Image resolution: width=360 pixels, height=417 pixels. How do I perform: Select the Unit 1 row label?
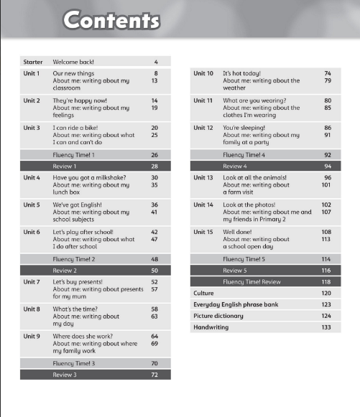pos(32,73)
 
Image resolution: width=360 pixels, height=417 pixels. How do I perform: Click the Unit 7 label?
pos(32,282)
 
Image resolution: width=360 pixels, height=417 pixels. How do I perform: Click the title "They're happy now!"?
pos(80,100)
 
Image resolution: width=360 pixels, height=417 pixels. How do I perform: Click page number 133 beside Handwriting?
pos(326,327)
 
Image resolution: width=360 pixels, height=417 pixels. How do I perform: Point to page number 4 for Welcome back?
pos(156,62)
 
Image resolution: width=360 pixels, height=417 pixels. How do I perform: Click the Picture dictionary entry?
pos(218,316)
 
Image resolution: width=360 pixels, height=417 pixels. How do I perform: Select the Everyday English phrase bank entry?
pos(235,304)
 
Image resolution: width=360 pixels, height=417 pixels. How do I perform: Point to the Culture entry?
pos(204,294)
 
